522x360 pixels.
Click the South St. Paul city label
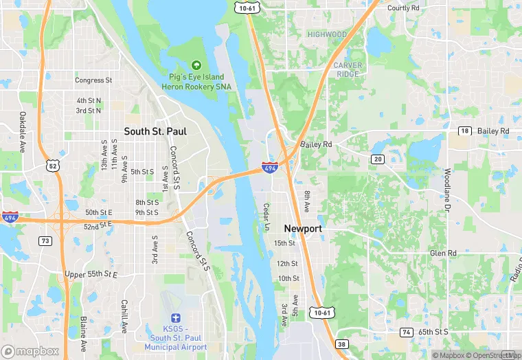155,131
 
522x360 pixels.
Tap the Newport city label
303,228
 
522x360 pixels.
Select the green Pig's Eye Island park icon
196,65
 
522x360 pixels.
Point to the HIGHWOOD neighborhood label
327,34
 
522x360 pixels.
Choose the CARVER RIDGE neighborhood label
347,69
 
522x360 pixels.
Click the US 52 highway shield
53,165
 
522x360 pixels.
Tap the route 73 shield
45,240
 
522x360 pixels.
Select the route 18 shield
464,131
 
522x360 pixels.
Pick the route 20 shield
378,159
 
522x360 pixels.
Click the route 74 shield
407,332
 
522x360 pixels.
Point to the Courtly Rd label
403,8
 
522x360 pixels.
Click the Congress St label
93,80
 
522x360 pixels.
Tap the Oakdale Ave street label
22,132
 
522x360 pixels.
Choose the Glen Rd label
443,254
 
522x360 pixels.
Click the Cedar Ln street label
267,217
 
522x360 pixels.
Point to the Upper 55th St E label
91,275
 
